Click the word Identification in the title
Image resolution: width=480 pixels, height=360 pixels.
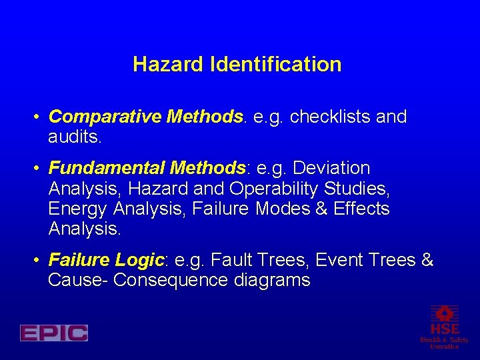[275, 65]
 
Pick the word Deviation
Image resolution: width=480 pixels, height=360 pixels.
[331, 167]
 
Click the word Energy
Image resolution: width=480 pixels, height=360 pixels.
[77, 209]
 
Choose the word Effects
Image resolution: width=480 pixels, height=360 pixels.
[361, 209]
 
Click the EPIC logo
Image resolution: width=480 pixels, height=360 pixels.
[53, 333]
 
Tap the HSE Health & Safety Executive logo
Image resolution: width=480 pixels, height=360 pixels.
[444, 327]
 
